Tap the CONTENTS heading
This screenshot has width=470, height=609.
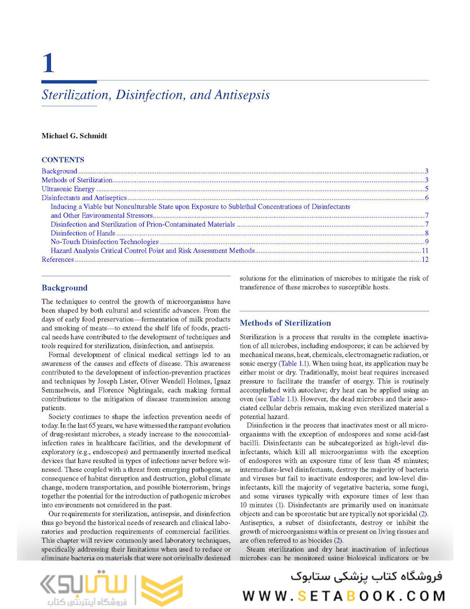point(63,160)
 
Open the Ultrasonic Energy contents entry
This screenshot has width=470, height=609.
point(68,189)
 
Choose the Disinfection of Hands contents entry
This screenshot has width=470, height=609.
point(83,233)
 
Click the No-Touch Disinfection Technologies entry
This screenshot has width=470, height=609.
point(104,242)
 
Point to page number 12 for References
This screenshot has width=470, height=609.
point(425,259)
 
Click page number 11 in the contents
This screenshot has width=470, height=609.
point(425,250)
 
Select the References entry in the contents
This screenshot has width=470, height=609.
point(57,259)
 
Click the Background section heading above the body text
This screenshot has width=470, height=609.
point(64,288)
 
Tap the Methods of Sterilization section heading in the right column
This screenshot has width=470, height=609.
point(285,323)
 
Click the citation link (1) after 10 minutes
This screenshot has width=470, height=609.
point(280,504)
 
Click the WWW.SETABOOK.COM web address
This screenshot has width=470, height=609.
point(344,595)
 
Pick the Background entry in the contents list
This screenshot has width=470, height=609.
point(59,171)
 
